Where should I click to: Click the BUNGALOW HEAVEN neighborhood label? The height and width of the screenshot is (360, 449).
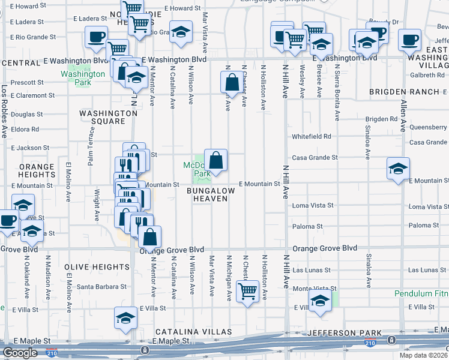tap(210, 194)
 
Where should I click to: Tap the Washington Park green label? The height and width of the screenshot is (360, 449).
tap(75, 78)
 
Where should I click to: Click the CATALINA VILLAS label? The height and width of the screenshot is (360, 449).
tap(194, 332)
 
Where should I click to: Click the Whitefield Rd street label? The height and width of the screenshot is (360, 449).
tap(312, 137)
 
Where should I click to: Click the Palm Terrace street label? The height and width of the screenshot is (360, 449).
tap(91, 149)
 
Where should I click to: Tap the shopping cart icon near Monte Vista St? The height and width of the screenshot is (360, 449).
tap(247, 292)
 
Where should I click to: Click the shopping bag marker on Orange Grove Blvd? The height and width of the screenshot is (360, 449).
tap(149, 237)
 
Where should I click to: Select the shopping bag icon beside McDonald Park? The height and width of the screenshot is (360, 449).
tap(216, 160)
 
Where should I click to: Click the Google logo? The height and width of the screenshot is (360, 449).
tap(20, 353)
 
